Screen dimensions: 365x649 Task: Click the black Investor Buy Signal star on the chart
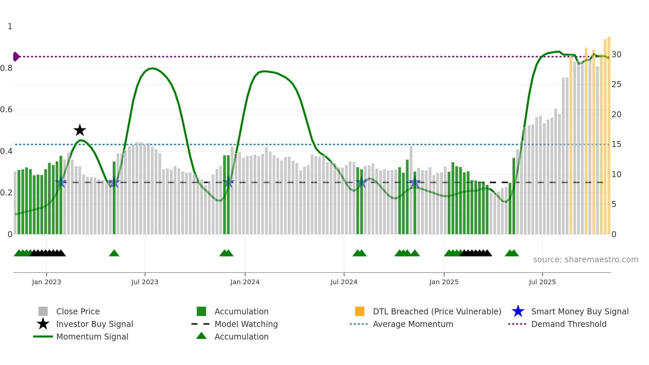80,130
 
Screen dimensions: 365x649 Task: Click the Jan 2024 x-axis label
245,282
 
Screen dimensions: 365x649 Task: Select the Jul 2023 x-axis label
145,282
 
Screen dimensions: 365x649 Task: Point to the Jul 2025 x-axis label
542,282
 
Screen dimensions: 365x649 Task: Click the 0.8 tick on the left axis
6,68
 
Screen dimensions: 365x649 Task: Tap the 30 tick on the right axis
616,55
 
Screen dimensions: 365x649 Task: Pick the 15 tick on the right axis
616,144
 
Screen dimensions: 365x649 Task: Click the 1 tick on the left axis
10,26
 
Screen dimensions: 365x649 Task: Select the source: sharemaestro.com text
585,260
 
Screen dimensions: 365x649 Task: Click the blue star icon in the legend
518,311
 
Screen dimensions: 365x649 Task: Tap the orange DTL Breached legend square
360,311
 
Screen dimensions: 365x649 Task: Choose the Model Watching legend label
246,324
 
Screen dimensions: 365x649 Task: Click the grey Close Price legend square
43,311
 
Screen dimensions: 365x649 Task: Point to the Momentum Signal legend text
92,337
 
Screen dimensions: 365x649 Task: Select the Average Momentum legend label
413,324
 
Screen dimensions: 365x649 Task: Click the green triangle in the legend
201,336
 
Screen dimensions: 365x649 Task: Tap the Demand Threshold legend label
569,324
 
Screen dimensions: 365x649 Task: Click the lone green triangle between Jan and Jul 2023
114,253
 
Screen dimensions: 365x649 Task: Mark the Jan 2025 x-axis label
444,282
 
